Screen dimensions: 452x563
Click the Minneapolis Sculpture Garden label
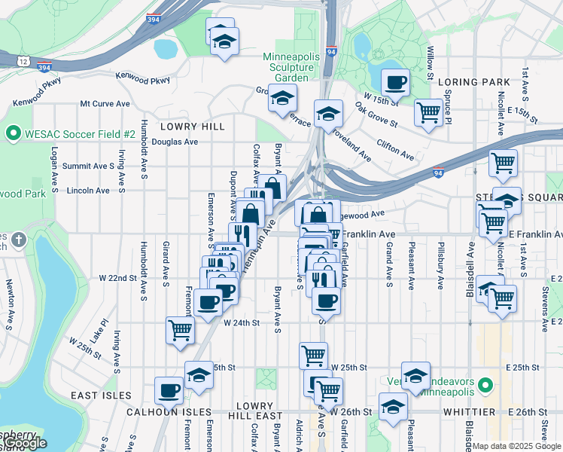291,67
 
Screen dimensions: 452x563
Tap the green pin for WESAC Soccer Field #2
13,134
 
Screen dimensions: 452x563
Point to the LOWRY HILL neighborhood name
192,127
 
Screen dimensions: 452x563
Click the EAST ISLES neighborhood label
102,395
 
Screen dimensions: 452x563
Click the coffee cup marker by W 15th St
395,82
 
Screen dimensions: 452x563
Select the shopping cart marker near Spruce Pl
428,112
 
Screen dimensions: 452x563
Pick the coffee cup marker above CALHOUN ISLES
169,390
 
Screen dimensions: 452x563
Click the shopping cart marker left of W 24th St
181,329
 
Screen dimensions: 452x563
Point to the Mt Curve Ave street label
105,104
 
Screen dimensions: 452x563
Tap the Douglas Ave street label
175,141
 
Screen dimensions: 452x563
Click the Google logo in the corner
23,443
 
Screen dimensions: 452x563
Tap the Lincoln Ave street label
88,191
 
